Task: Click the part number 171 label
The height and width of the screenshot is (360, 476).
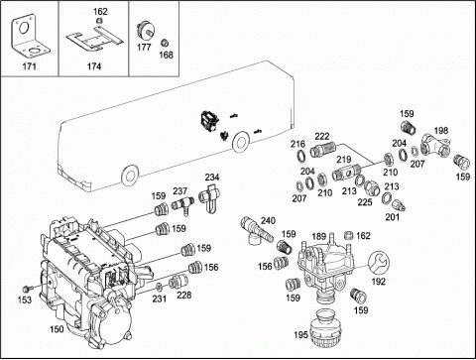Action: click(x=29, y=66)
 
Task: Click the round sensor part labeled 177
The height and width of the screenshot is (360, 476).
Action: click(x=145, y=31)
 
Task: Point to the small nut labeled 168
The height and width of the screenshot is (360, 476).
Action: click(x=165, y=43)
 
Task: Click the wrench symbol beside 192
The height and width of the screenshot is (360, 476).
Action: click(x=379, y=262)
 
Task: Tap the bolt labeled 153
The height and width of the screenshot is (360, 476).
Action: click(x=28, y=288)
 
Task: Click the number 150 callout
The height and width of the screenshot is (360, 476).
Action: click(x=57, y=329)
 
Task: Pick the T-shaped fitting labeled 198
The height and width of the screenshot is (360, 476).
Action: click(x=435, y=146)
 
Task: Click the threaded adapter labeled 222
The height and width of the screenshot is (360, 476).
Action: click(x=322, y=149)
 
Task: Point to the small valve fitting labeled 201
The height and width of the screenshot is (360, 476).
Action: click(x=400, y=204)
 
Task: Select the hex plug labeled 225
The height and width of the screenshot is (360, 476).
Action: click(x=371, y=187)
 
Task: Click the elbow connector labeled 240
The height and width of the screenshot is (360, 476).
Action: click(x=257, y=230)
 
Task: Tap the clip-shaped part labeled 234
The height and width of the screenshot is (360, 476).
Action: click(x=210, y=197)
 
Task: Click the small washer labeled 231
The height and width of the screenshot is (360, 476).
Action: click(x=159, y=286)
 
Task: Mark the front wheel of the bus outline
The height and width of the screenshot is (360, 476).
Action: click(x=129, y=176)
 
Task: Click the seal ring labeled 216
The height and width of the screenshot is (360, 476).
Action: click(x=301, y=156)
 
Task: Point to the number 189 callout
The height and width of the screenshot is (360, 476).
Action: click(x=319, y=236)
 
